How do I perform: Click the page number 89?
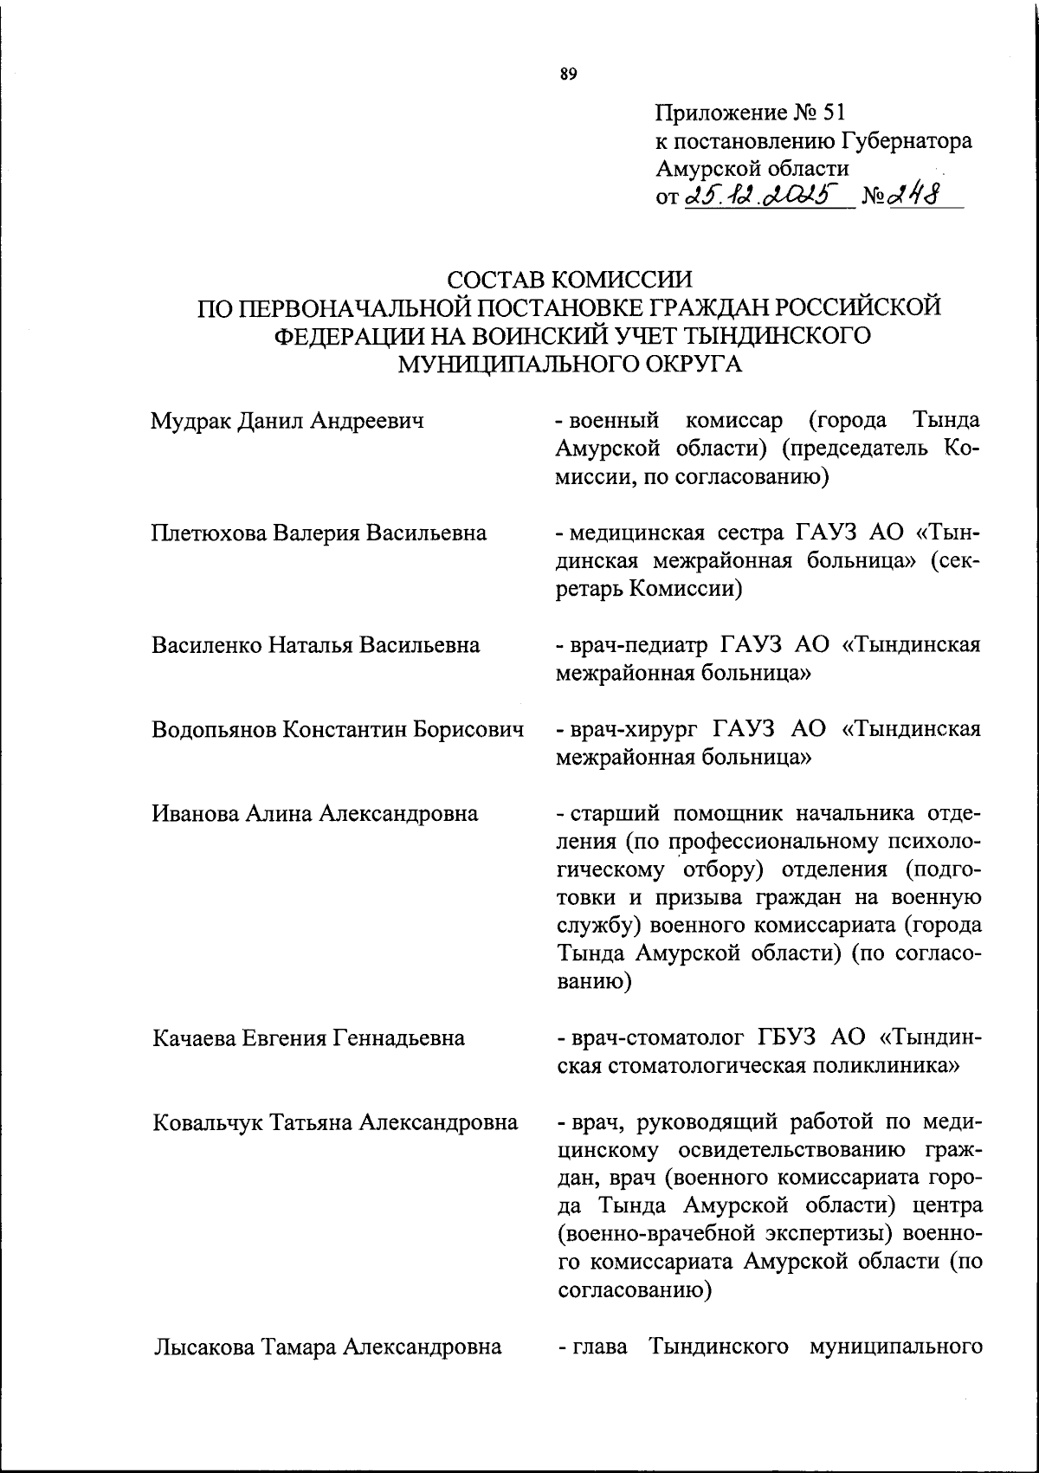[568, 74]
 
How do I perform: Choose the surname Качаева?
[193, 1037]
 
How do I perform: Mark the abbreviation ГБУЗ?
[789, 1037]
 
